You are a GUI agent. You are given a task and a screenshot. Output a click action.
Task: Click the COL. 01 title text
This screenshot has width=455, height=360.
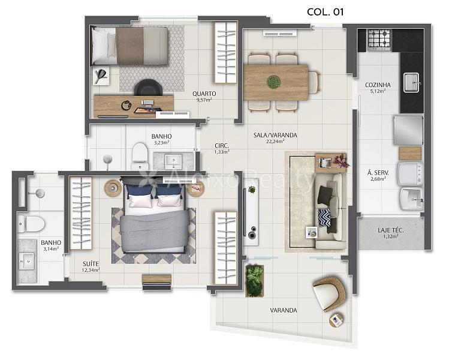(x=325, y=12)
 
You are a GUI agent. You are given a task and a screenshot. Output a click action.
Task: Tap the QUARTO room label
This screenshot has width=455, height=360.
(x=204, y=94)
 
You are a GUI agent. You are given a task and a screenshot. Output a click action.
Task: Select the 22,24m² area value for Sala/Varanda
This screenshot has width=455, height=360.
(x=275, y=142)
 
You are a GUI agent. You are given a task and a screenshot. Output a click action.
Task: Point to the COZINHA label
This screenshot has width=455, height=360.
(x=378, y=85)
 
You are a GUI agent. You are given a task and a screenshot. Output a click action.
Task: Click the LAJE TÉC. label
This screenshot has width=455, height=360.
(x=391, y=230)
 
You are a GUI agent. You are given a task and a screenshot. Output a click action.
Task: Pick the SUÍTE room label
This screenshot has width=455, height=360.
(x=91, y=264)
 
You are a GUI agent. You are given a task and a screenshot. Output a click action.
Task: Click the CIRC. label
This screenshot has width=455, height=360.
(x=222, y=146)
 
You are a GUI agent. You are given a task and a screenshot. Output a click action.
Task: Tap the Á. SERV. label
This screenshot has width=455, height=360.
(x=378, y=173)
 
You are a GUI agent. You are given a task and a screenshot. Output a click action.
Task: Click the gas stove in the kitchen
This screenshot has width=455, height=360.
(x=379, y=39)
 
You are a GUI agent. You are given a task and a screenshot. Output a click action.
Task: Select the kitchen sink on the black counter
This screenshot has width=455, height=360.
(x=411, y=82)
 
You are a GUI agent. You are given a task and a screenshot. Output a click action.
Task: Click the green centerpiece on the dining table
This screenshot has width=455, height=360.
(x=274, y=82)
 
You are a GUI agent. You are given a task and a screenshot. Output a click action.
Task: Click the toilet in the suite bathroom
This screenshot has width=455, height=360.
(x=31, y=224)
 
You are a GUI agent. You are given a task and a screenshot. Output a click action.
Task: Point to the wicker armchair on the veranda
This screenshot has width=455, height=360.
(x=330, y=294)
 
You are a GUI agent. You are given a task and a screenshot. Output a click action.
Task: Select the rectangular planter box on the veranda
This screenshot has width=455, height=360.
(x=255, y=280)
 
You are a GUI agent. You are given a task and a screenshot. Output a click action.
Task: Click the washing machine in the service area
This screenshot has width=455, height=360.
(x=410, y=174)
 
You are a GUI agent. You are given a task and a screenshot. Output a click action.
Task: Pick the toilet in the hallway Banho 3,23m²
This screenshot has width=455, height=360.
(x=140, y=156)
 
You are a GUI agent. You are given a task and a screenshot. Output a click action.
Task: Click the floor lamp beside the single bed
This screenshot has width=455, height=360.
(x=101, y=76)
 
